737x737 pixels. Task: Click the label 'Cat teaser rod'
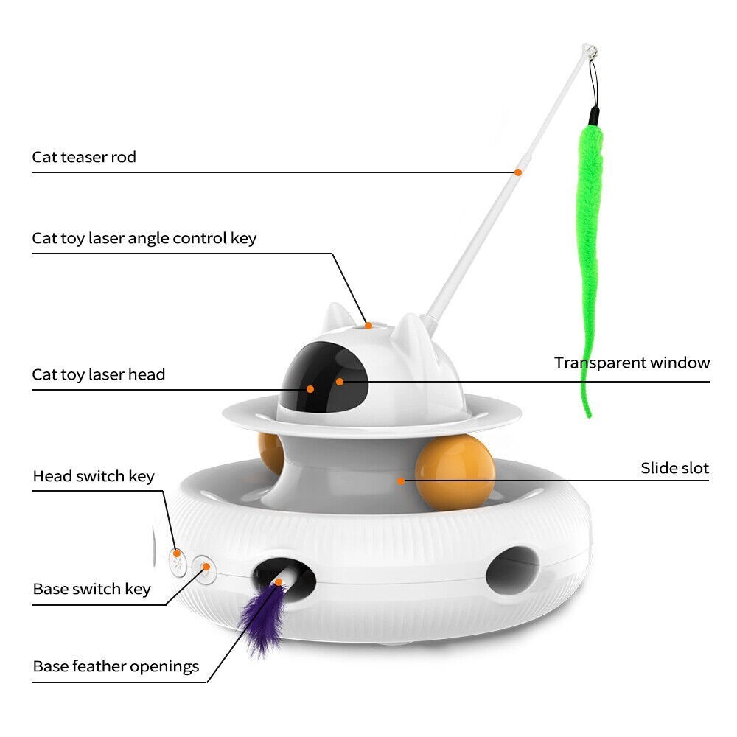click(84, 157)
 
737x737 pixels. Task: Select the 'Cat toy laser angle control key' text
click(144, 239)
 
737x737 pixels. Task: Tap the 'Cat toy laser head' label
click(99, 374)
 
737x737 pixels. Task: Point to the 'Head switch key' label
click(94, 477)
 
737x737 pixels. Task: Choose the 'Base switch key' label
click(91, 589)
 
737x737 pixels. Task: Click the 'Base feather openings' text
click(116, 667)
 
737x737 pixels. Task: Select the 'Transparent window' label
click(632, 363)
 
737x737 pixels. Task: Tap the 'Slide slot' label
click(674, 468)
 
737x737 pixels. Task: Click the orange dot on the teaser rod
click(518, 172)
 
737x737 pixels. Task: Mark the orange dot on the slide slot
click(400, 481)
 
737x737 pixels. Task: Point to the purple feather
click(263, 618)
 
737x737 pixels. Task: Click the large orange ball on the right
click(455, 472)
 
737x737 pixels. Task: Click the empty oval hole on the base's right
click(512, 570)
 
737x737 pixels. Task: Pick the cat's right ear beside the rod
click(409, 332)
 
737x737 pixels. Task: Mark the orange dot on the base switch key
click(206, 567)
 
